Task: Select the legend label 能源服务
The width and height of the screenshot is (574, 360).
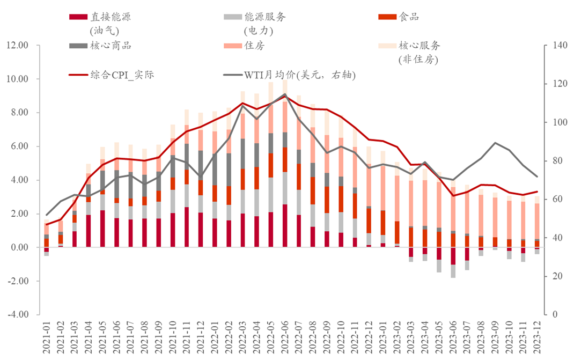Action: (x=264, y=17)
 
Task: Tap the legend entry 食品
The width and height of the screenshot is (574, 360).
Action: (x=408, y=17)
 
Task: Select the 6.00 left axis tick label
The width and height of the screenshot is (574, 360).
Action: (x=19, y=146)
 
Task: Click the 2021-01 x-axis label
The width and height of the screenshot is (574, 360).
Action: (x=47, y=337)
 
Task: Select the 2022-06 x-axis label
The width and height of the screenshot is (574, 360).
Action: (x=285, y=337)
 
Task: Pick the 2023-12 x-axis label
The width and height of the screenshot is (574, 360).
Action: (x=537, y=337)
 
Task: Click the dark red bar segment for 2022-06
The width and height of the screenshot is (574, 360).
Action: (x=285, y=225)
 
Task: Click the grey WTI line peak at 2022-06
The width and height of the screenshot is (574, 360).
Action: (x=285, y=94)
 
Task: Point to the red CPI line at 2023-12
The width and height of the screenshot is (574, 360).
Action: (x=536, y=192)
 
